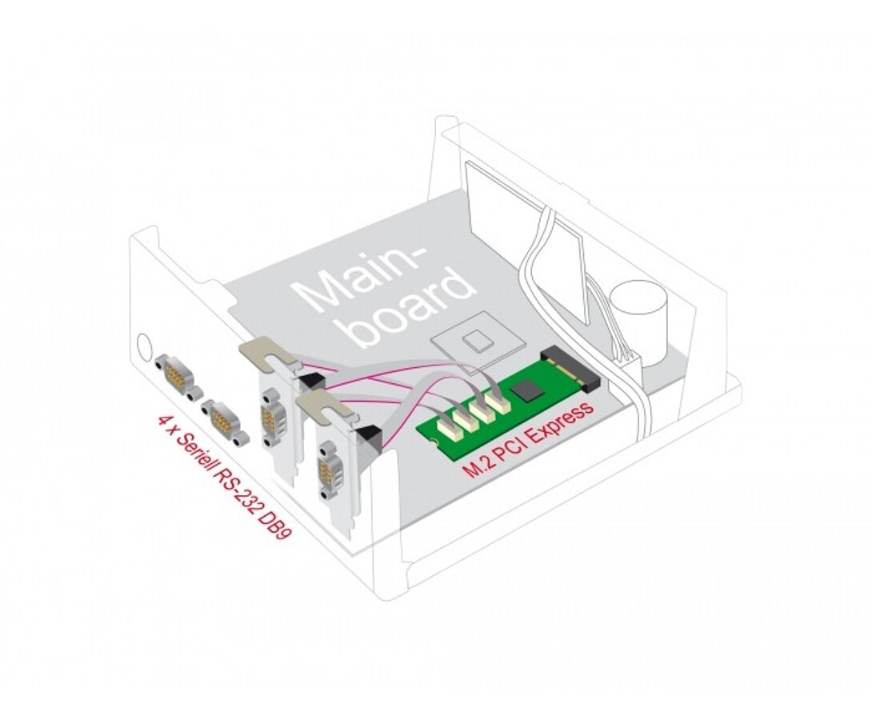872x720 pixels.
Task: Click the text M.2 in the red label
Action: coord(474,470)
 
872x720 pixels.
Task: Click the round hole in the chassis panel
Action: coord(144,345)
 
